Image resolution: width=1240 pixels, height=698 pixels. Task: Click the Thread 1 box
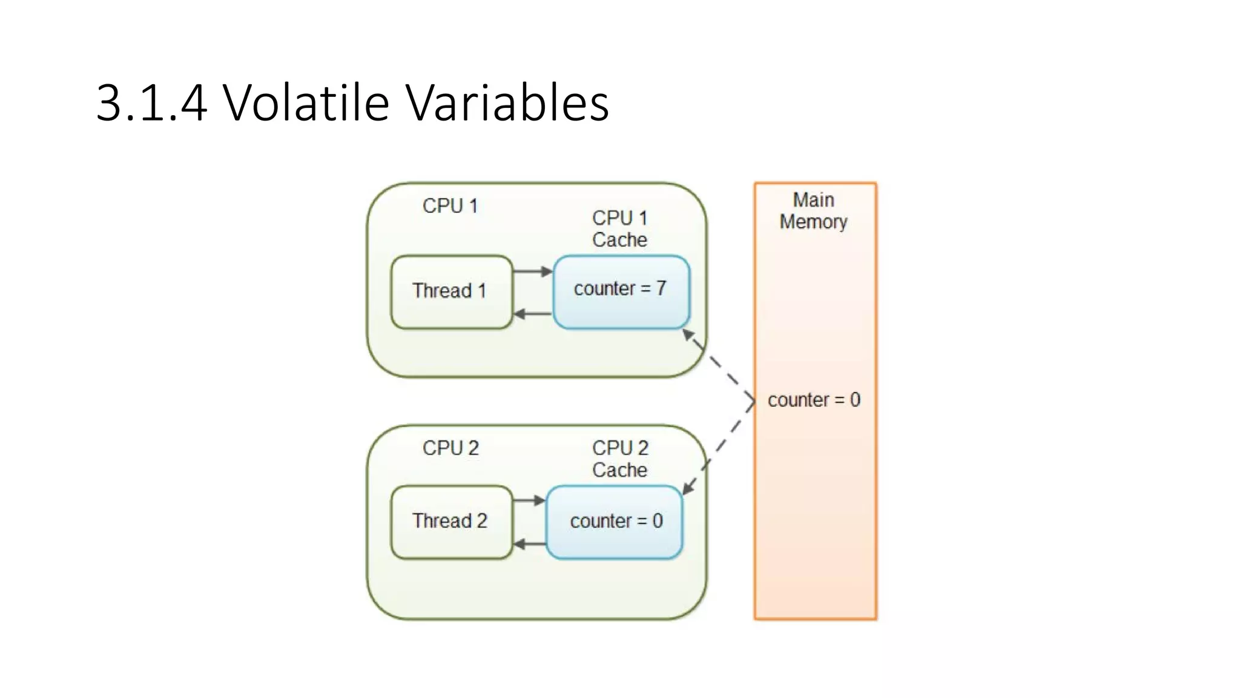[451, 292]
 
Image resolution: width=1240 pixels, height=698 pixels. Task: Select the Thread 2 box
[451, 522]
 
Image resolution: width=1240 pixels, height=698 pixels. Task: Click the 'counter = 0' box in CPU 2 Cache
[614, 522]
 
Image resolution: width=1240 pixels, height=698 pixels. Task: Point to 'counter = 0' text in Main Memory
[814, 400]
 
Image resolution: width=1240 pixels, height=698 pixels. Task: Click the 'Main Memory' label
[814, 211]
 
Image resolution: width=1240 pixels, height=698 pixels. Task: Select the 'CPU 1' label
[450, 206]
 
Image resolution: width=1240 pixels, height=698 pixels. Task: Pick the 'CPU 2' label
[450, 448]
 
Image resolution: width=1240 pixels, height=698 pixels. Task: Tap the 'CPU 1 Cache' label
[619, 228]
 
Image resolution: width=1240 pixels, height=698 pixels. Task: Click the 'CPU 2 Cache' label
[619, 459]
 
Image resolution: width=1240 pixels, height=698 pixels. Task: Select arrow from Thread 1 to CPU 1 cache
[532, 271]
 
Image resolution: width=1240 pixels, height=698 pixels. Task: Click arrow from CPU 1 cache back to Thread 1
[532, 314]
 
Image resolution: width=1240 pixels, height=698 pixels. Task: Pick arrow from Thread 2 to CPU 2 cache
[529, 500]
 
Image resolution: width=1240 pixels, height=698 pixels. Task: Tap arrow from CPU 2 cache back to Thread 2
[529, 543]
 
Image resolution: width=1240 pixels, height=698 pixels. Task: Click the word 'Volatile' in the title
[306, 102]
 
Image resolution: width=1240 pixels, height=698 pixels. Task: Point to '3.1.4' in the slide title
[151, 104]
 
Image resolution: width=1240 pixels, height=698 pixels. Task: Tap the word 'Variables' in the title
[507, 102]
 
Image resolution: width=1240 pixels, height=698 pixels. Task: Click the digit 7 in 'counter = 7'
[661, 288]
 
